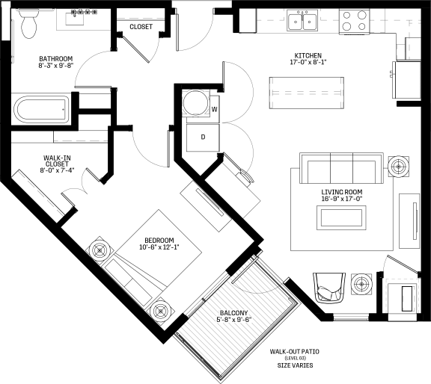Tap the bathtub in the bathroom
(x=42, y=108)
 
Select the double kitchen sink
(x=302, y=20)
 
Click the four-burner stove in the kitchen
(x=354, y=21)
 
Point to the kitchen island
(x=307, y=93)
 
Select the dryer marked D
(x=203, y=137)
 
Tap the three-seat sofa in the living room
(x=341, y=168)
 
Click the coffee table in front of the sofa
(x=341, y=217)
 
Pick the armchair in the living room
(x=329, y=287)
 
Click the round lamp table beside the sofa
(x=398, y=167)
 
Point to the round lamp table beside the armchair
(x=361, y=285)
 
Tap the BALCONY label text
(x=233, y=313)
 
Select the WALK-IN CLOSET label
(x=57, y=161)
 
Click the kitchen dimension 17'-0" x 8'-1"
(x=308, y=62)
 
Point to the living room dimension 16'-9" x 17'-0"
(x=342, y=199)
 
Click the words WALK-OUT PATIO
(x=294, y=352)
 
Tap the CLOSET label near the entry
(x=141, y=27)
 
